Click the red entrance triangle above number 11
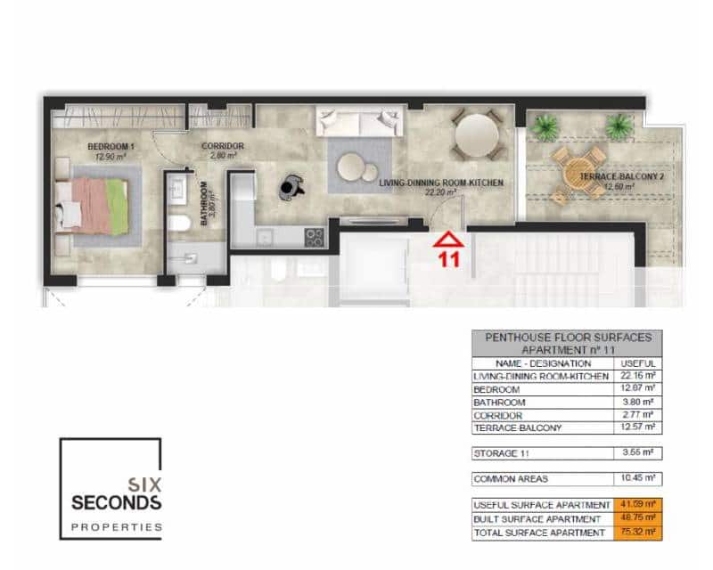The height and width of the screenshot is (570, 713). point(448,239)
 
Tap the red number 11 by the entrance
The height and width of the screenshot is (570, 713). point(448,260)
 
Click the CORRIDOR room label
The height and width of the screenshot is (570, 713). point(222,147)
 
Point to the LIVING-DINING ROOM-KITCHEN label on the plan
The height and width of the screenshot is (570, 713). point(441,183)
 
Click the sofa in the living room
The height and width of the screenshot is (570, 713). point(360,120)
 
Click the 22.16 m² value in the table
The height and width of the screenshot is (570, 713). point(638,377)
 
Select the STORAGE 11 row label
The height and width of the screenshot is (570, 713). point(499,452)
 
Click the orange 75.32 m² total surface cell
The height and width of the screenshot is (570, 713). point(638,533)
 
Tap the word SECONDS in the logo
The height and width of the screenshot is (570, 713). point(116,502)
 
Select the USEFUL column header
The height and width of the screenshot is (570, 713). point(638,363)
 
